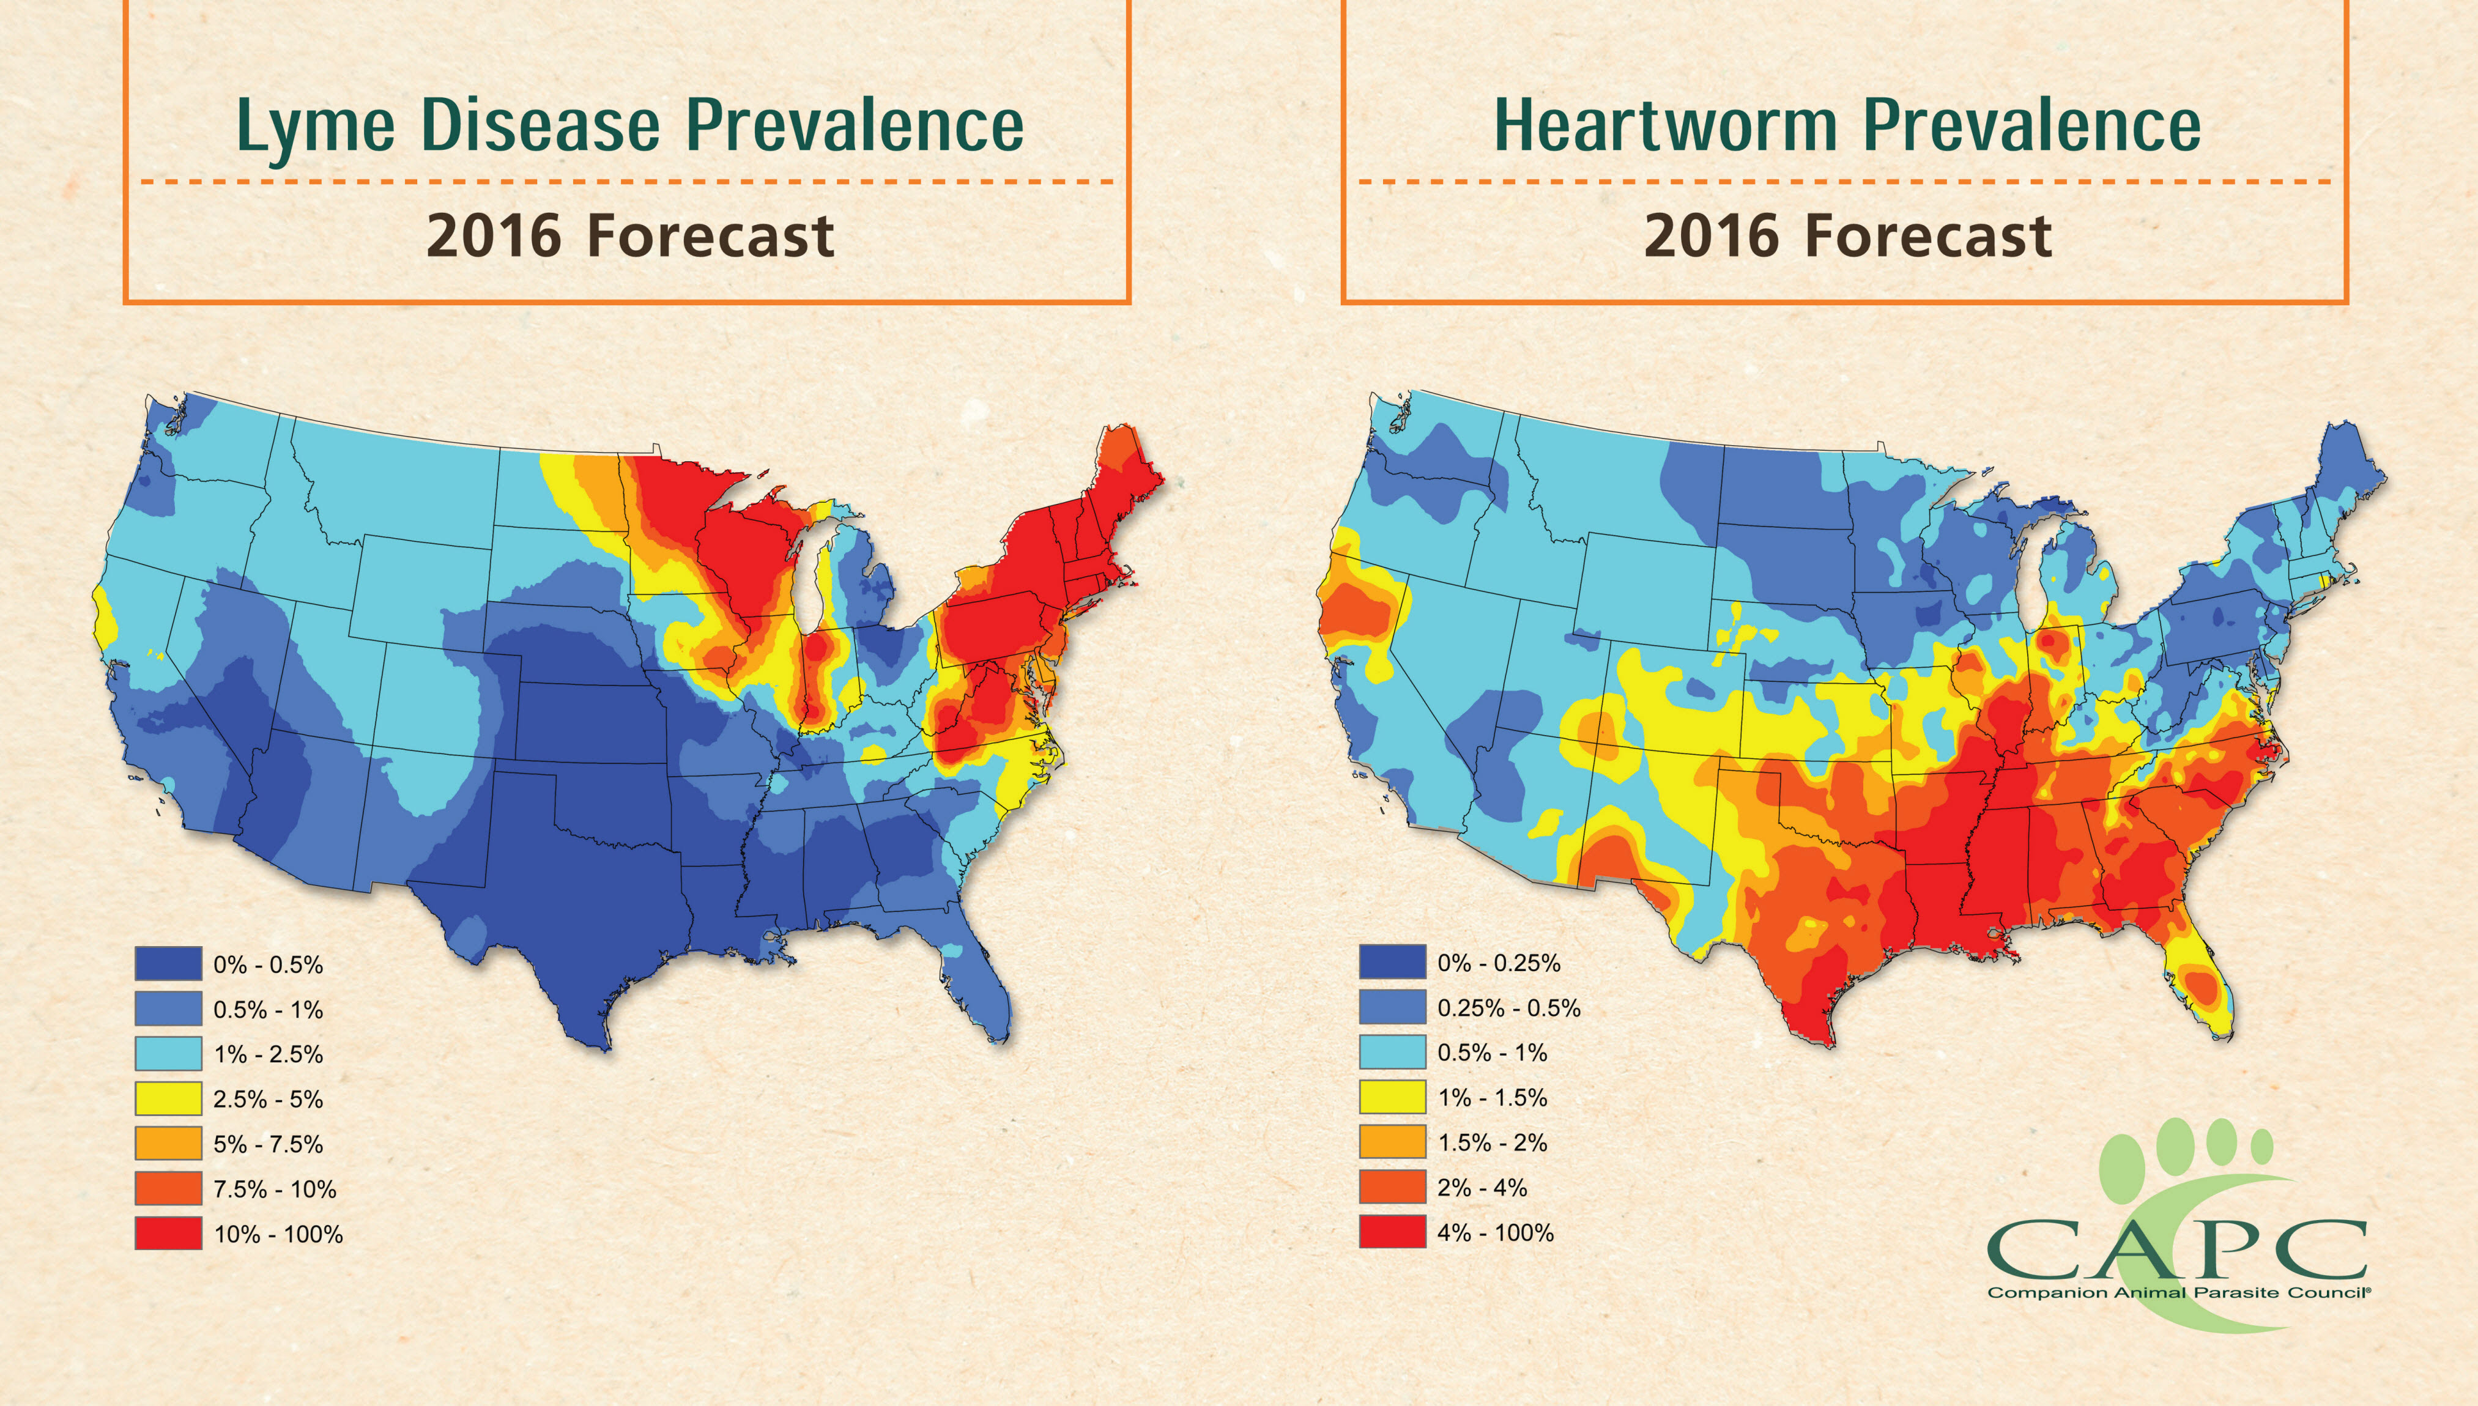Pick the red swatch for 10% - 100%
coord(168,1233)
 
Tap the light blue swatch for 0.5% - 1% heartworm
coord(1393,1052)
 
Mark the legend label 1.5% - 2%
coord(1492,1142)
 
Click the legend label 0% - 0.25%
coord(1499,963)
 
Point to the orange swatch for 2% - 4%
coord(1393,1187)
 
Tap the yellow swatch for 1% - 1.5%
coord(1393,1097)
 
